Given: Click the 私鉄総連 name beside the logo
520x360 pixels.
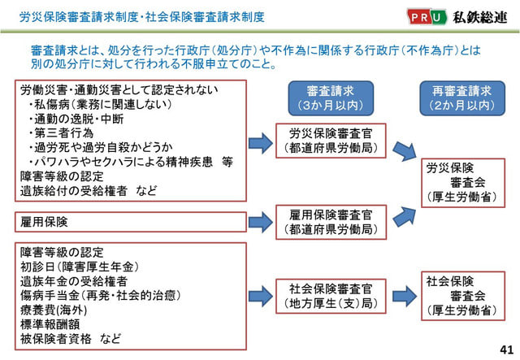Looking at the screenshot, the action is coord(480,17).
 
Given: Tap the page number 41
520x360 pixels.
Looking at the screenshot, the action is coord(506,349).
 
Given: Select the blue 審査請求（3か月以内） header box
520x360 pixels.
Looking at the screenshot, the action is coord(331,98).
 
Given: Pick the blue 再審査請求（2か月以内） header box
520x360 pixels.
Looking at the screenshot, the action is coord(462,98).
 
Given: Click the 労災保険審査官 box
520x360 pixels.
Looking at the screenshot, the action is coord(331,141).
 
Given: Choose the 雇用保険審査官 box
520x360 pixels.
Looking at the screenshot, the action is coord(331,222).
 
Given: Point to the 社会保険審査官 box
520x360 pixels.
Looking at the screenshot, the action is coord(331,296).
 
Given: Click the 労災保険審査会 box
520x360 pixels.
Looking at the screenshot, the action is coord(463,183).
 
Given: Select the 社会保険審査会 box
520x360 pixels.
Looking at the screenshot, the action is coord(463,296).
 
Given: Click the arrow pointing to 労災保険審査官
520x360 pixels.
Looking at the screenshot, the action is coord(261,143).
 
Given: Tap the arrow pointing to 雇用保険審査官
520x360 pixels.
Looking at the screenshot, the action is coord(261,222).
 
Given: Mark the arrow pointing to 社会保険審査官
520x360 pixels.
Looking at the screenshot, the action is coord(261,296).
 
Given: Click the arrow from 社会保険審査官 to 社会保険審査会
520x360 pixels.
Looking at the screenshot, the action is coord(405,296).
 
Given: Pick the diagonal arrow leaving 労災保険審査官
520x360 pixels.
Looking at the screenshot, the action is coord(405,151).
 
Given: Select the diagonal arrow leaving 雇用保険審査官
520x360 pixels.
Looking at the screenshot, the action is coord(405,217).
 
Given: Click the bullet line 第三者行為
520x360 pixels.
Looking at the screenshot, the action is coord(61,133).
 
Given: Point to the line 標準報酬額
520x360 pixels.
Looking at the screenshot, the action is coord(50,324).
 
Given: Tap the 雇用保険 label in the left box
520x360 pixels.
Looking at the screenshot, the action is coord(44,222).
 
